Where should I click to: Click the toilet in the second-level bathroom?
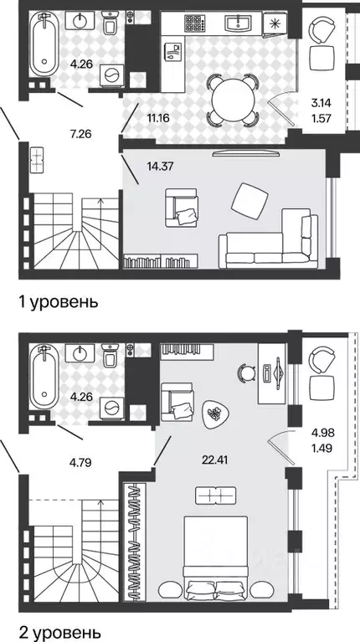click(109, 358)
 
